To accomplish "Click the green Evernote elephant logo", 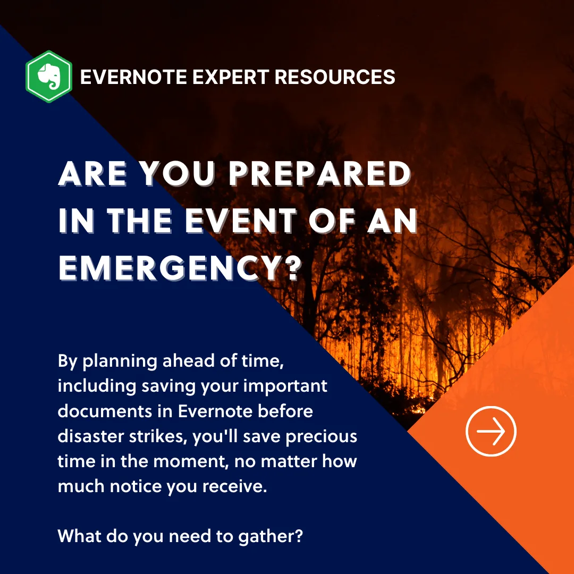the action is click(49, 77).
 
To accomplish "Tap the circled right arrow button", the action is click(491, 431).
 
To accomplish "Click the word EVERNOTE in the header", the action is click(133, 77).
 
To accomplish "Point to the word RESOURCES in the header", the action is click(335, 77).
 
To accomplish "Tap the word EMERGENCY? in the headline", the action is click(180, 268).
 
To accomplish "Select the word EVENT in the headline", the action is click(241, 221).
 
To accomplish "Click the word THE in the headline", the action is click(140, 221).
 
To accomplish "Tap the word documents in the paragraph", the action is click(105, 411).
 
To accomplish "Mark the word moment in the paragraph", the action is click(190, 462).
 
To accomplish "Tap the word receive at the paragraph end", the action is click(235, 486).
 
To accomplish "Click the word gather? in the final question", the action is click(271, 537).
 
